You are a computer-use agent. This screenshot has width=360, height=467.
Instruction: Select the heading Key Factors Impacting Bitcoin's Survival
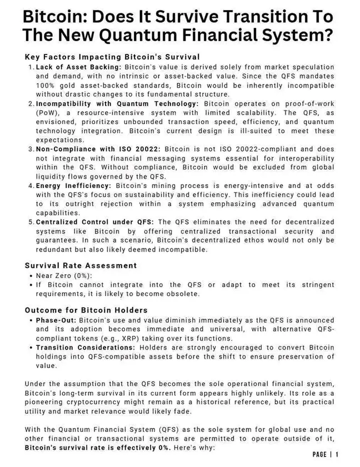[x=112, y=57]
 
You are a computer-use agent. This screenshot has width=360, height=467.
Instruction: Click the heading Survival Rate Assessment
[x=81, y=266]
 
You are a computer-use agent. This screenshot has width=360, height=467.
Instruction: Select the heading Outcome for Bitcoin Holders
[x=86, y=310]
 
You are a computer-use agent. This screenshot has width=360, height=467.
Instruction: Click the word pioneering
[x=48, y=402]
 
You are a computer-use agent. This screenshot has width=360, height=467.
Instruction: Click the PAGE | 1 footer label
[x=326, y=455]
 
